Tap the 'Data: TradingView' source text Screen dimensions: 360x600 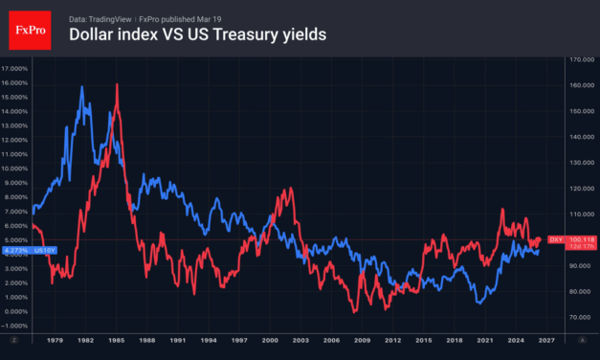point(102,17)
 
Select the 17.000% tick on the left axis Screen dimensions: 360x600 point(14,69)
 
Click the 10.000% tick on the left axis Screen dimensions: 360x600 point(14,168)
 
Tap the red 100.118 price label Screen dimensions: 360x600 point(582,239)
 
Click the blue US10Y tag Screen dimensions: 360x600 point(44,251)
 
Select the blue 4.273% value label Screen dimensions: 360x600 point(14,251)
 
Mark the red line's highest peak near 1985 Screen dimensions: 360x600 point(117,85)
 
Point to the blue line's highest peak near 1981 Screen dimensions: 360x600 point(82,88)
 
